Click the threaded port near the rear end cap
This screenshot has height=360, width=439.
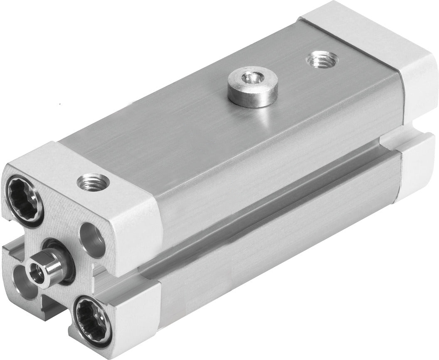tap(319, 61)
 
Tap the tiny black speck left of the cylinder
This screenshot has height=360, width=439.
tap(61, 103)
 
